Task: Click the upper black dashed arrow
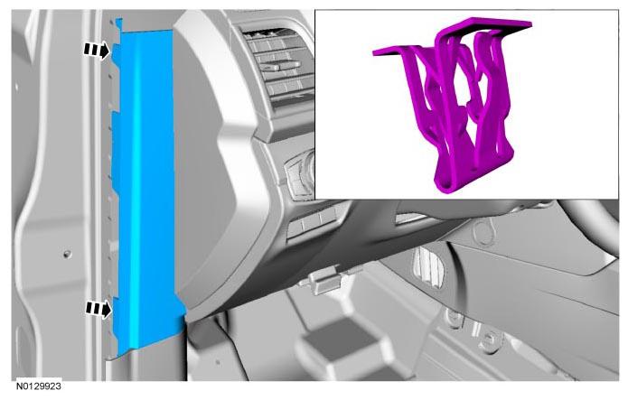(x=96, y=50)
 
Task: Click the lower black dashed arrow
(x=98, y=309)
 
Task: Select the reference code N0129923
(x=39, y=386)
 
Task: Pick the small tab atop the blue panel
(x=118, y=23)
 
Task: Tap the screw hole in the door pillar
(x=67, y=254)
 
